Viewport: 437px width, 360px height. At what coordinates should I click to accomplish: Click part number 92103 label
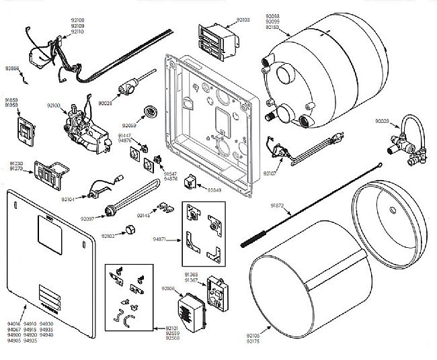[241, 20]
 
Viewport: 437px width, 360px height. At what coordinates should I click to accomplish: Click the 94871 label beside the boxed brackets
[160, 238]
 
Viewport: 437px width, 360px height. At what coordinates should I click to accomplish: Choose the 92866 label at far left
[11, 69]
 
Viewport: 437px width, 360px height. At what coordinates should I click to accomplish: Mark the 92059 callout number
[129, 126]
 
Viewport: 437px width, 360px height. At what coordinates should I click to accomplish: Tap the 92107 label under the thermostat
[270, 173]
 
